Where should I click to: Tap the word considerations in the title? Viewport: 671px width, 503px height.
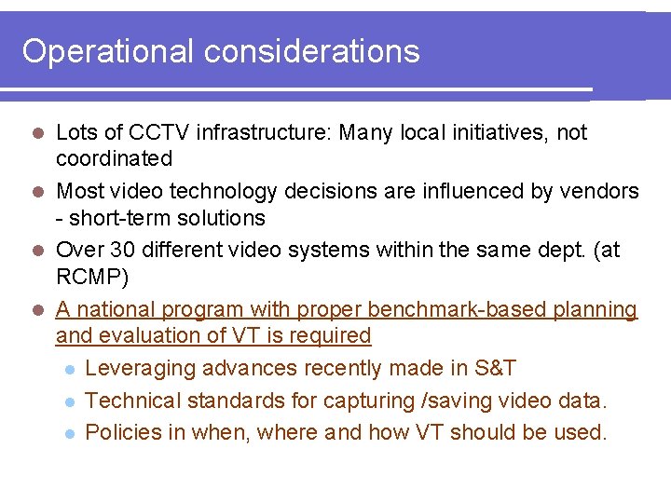(x=312, y=51)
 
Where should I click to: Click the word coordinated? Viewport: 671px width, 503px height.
(x=114, y=159)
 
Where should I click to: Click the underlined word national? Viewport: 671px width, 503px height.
(x=115, y=309)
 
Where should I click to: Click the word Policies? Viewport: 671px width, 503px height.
(x=121, y=433)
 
